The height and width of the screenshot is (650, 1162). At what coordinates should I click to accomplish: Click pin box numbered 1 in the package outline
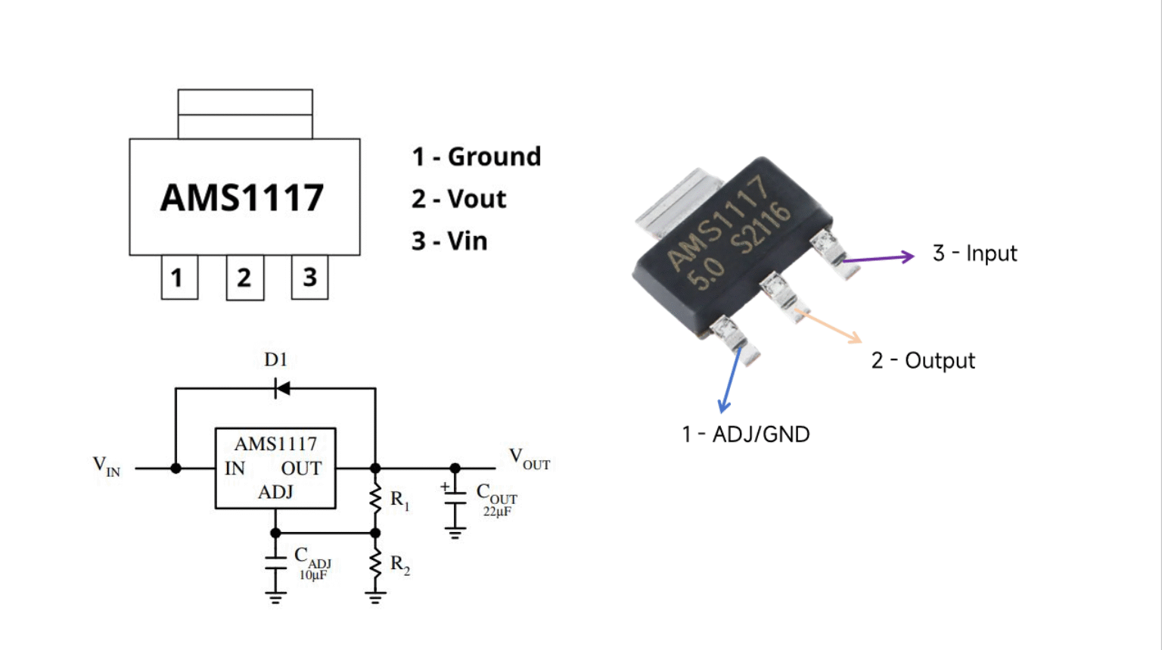click(x=179, y=277)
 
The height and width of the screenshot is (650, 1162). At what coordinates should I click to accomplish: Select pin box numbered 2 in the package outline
click(x=245, y=278)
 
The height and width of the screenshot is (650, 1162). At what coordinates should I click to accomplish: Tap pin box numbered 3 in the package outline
click(x=309, y=277)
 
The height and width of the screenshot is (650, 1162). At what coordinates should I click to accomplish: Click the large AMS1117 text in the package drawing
click(x=242, y=197)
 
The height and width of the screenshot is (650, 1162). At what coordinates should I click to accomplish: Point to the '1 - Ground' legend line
click(x=476, y=157)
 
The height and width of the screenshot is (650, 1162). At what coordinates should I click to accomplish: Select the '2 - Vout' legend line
click(x=458, y=199)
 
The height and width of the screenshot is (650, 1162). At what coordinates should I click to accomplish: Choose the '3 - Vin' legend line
click(x=449, y=241)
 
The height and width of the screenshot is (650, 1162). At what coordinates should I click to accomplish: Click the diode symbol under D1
click(x=282, y=388)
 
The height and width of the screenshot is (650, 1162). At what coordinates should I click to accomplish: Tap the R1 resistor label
click(x=400, y=500)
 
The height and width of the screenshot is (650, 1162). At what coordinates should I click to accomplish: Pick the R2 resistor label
click(x=400, y=564)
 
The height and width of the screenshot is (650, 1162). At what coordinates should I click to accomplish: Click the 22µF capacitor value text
click(x=497, y=512)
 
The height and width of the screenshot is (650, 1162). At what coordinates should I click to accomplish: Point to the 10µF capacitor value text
click(x=312, y=575)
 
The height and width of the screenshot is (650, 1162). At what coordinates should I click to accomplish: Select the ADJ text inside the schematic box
click(x=275, y=492)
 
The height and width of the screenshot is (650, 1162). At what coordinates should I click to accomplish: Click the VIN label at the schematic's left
click(x=107, y=466)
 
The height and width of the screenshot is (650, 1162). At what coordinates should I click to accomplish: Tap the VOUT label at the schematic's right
click(x=529, y=459)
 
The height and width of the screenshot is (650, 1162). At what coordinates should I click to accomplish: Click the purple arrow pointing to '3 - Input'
click(x=878, y=258)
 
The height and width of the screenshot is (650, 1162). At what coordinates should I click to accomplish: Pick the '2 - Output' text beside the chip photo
click(x=923, y=360)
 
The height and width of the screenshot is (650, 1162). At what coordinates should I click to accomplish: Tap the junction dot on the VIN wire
click(x=176, y=468)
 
